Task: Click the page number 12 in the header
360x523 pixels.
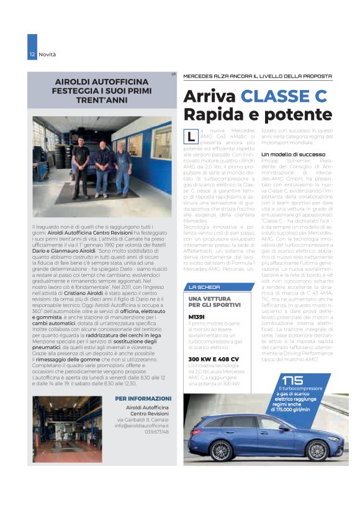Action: [x=32, y=55]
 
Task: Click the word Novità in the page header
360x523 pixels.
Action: [x=47, y=55]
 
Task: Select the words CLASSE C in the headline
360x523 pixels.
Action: [x=283, y=97]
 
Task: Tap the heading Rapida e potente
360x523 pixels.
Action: [x=258, y=115]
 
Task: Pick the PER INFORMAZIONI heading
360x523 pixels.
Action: [x=143, y=398]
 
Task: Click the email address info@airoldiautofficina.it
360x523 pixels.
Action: [x=142, y=425]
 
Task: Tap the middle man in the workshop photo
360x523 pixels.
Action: [x=102, y=168]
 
